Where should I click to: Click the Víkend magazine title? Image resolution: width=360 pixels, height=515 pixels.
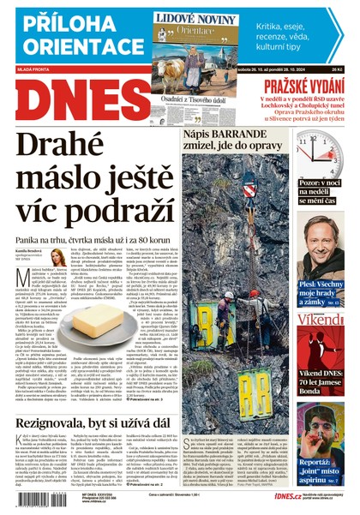pos(321,320)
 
